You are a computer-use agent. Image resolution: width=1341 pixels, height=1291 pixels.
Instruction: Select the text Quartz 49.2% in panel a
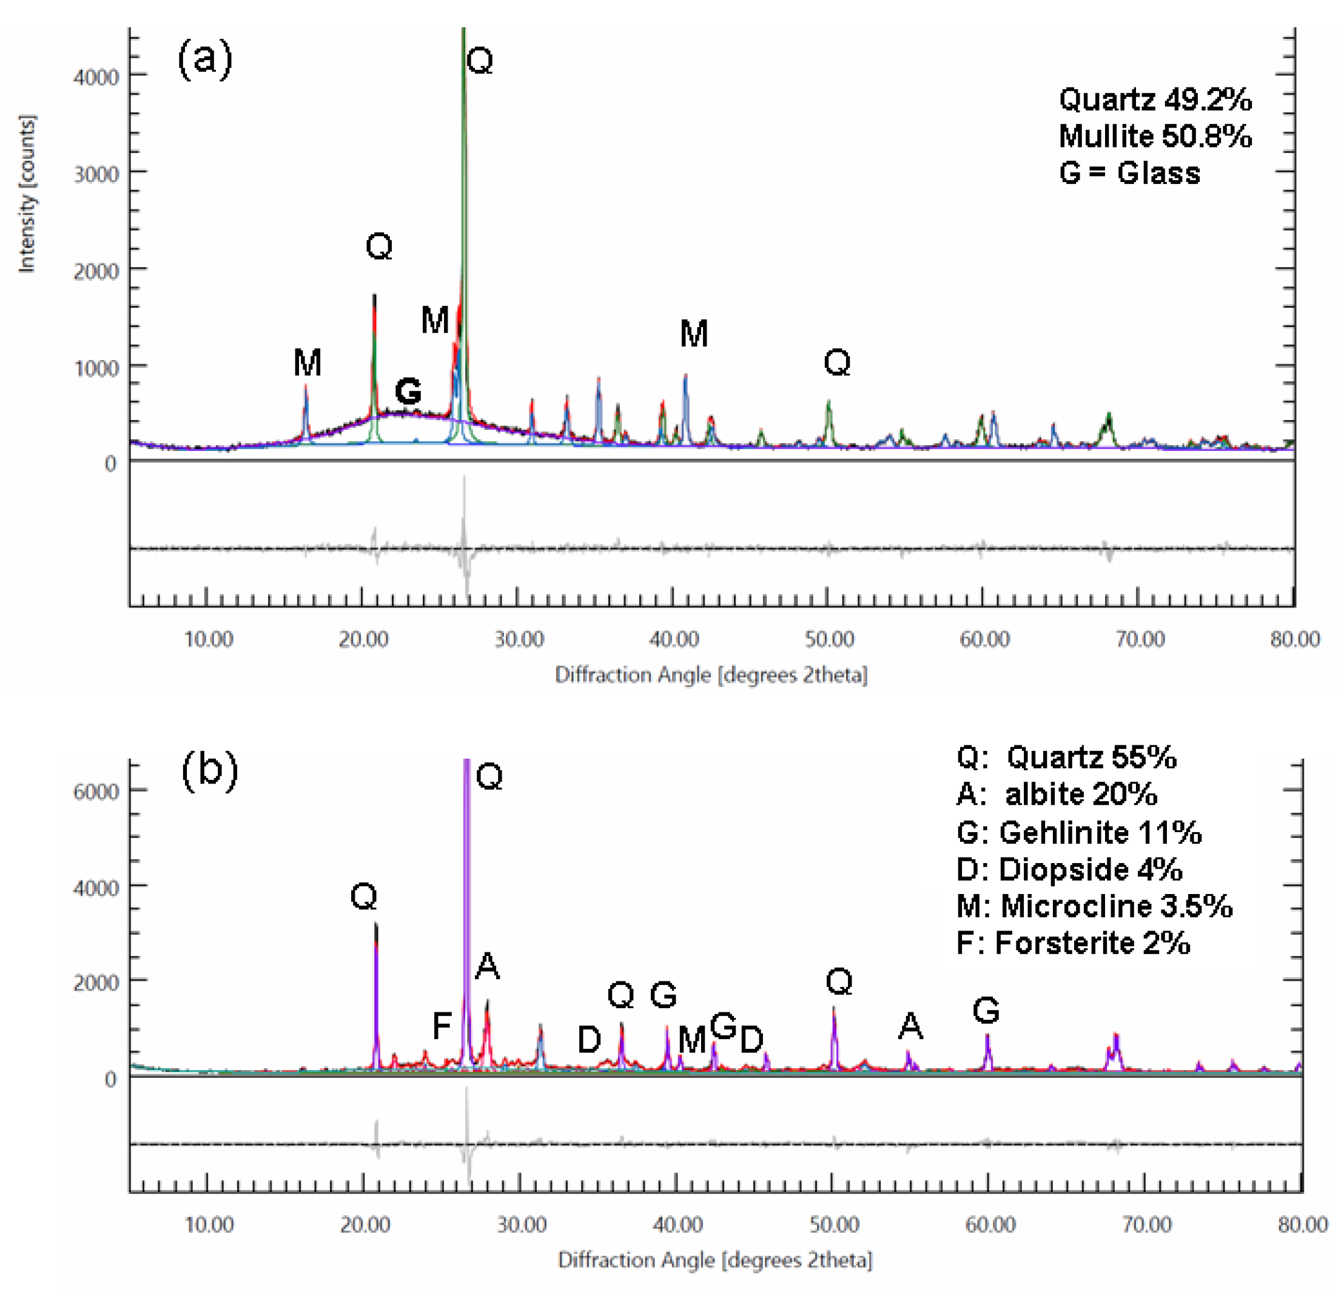(x=1155, y=100)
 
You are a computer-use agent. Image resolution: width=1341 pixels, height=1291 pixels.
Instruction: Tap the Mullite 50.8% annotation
(x=1155, y=136)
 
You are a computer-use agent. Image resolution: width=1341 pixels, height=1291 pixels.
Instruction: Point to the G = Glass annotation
(x=1129, y=172)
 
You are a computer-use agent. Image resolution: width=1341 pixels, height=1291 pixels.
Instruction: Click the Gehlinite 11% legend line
(x=1079, y=832)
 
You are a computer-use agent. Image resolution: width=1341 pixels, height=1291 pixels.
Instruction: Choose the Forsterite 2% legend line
(x=1073, y=943)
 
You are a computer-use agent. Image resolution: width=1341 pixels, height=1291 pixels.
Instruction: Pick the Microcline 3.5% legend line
(x=1094, y=906)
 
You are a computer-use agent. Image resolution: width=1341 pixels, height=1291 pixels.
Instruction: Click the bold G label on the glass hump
(x=408, y=391)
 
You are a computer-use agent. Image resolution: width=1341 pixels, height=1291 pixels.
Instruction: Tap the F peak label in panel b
(x=442, y=1025)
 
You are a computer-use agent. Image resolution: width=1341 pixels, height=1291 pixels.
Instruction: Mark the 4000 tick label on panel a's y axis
(x=96, y=76)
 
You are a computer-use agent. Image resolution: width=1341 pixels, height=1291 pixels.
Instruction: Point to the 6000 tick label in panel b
(x=96, y=791)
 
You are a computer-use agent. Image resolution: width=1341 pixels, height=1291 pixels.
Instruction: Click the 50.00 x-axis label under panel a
(x=829, y=639)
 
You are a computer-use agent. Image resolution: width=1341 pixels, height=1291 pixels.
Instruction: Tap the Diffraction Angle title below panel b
(x=715, y=1259)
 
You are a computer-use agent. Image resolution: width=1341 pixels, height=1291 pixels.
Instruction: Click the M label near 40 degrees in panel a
(x=694, y=334)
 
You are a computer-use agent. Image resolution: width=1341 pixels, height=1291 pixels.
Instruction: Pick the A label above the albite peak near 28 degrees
(x=487, y=966)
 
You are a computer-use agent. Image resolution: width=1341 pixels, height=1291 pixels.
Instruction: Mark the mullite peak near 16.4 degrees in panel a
(x=306, y=411)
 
